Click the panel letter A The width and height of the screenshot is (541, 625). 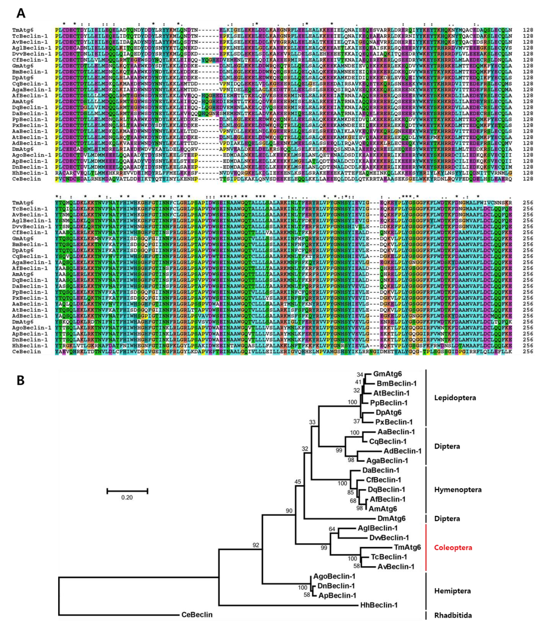coord(21,13)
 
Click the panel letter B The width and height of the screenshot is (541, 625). coord(20,380)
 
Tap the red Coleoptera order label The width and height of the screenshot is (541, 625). coord(453,548)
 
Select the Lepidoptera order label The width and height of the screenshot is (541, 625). coord(455,398)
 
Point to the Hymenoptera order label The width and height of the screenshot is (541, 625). coord(458,490)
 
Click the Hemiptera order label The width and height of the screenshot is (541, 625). coord(452,591)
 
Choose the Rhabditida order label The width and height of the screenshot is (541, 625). coord(453,615)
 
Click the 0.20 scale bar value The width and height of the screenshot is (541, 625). coord(127,497)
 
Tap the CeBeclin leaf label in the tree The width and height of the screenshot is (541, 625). coord(197,614)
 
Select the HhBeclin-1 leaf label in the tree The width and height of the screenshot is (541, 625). coord(379,605)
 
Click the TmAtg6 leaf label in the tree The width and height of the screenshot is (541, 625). coord(407,547)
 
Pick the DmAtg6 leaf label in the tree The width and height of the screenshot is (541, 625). coord(391,518)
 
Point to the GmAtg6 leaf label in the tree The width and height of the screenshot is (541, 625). coord(387,374)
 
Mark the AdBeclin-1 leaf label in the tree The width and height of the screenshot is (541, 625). coord(402,451)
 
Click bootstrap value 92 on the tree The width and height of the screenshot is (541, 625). coord(256,545)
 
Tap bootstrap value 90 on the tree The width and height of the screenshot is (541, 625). coord(289,511)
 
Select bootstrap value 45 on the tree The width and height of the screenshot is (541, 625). coord(297,482)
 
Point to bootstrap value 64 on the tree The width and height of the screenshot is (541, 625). coord(332,529)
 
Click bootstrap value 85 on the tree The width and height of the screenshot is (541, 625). coord(350,493)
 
